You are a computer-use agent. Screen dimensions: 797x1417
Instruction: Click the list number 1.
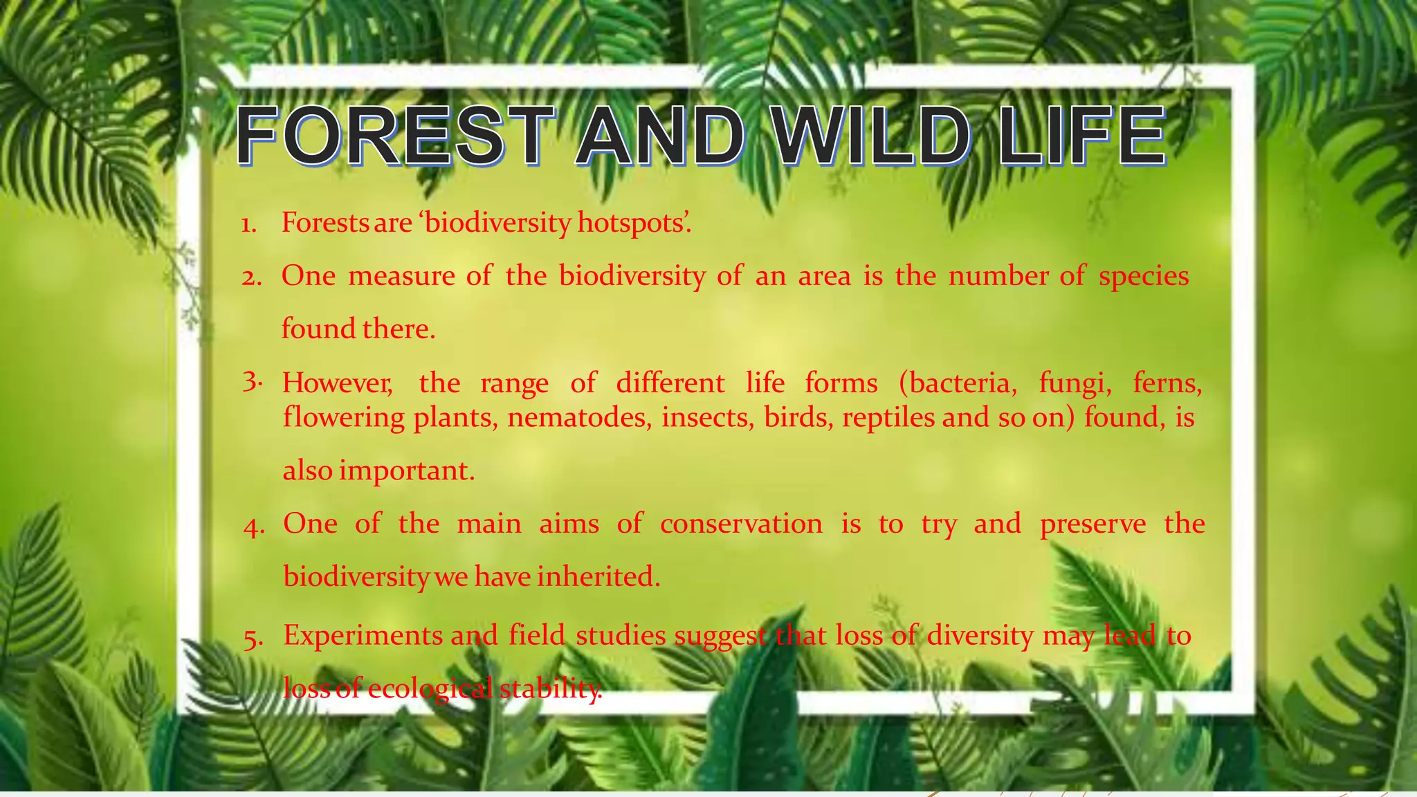point(248,225)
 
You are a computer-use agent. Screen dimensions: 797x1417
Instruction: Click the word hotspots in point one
point(632,223)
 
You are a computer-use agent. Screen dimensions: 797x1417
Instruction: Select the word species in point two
point(1144,276)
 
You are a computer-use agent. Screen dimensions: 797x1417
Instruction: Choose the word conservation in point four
point(741,524)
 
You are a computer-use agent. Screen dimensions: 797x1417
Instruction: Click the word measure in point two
point(401,276)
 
